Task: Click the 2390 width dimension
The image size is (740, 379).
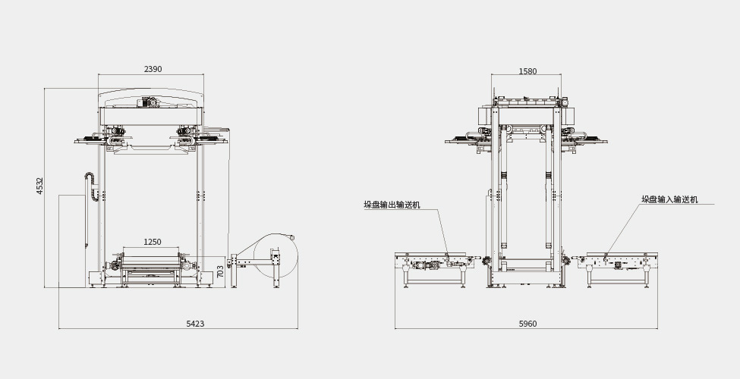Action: [153, 69]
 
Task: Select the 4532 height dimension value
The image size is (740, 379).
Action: [40, 186]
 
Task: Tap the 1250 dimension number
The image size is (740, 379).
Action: [153, 242]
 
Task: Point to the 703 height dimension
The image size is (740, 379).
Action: [221, 270]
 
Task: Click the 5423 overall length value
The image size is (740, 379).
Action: [195, 324]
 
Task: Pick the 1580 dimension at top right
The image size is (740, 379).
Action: [527, 71]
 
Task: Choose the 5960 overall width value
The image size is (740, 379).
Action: [527, 324]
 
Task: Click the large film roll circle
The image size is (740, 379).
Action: [275, 258]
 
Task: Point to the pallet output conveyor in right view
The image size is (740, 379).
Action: [432, 265]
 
